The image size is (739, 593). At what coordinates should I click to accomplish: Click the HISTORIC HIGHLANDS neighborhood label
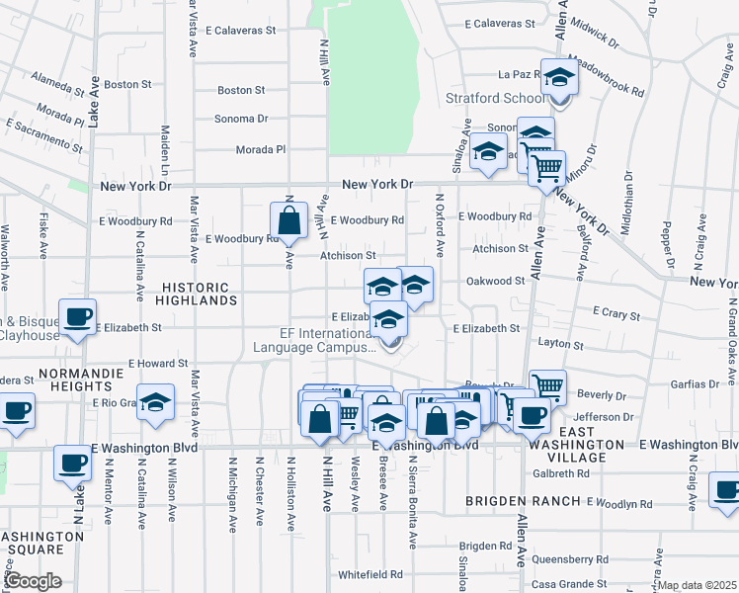pos(198,293)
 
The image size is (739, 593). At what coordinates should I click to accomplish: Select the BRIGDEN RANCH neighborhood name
pos(524,501)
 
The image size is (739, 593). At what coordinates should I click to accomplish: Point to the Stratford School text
pos(495,99)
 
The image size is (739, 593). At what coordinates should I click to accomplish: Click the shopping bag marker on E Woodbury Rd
pos(287,222)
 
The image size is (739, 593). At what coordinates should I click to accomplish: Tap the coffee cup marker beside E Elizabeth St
pos(77,317)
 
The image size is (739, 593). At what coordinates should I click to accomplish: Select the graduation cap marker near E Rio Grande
pos(156,403)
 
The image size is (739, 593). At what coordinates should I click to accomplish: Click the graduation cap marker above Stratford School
pos(559,77)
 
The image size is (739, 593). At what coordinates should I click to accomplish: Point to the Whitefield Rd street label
pos(369,574)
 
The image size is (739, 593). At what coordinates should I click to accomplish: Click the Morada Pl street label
pos(260,149)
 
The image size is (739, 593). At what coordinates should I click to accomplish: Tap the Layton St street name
pos(560,345)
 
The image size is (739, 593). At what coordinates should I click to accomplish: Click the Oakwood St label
pos(495,281)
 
